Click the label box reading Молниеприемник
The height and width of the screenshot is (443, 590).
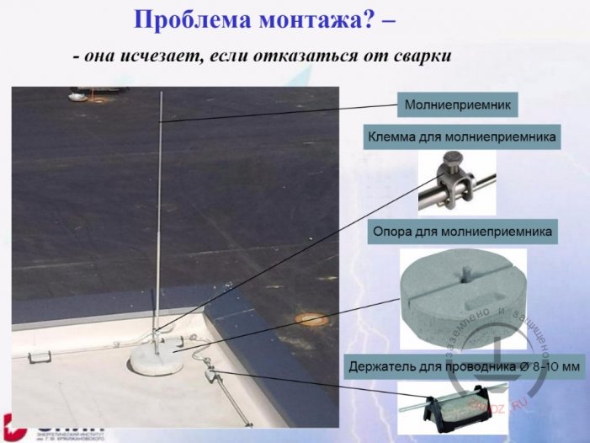pyautogui.click(x=457, y=105)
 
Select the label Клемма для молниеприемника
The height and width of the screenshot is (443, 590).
pyautogui.click(x=462, y=136)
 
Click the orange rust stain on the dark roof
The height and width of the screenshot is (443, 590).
pyautogui.click(x=311, y=319)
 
